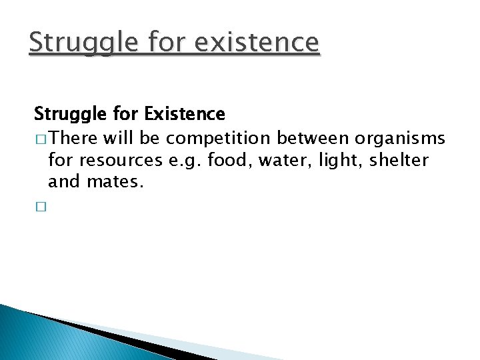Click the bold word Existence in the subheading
tap(185, 114)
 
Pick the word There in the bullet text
tap(73, 138)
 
